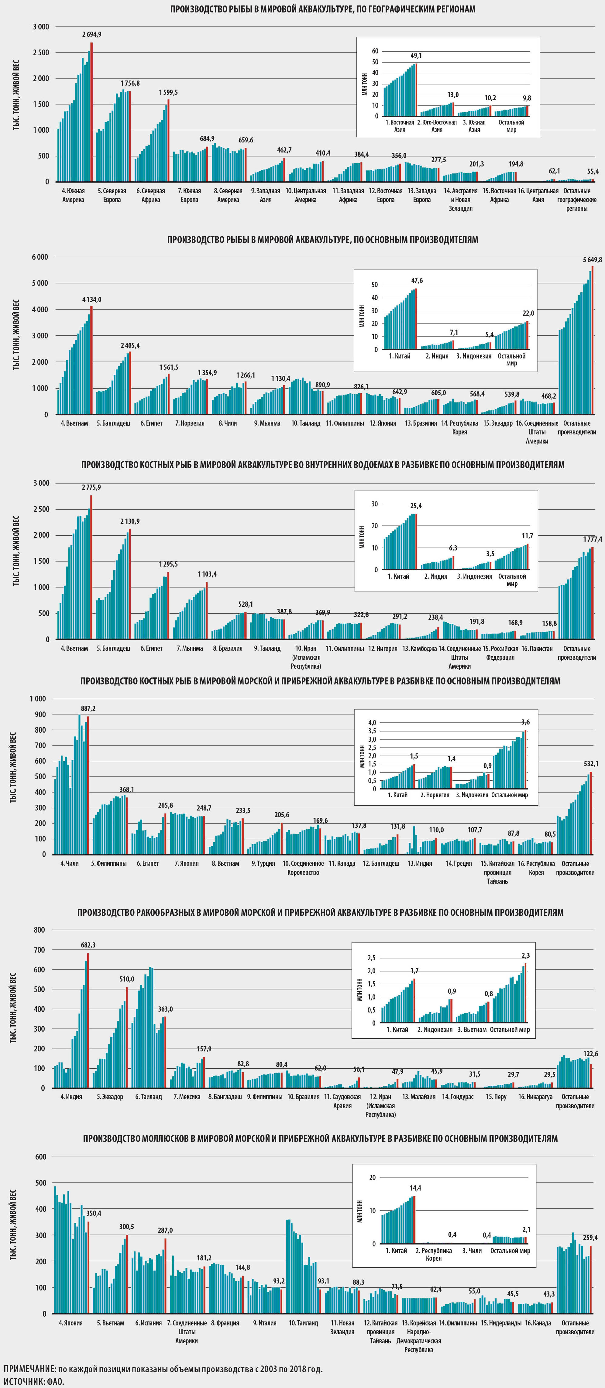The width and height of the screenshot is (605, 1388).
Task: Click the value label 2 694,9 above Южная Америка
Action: (x=91, y=35)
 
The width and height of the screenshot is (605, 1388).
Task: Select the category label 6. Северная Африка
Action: (x=151, y=195)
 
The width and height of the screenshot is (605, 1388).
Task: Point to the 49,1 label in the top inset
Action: (x=416, y=56)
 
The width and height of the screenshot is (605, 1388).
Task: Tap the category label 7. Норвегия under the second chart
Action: (x=190, y=423)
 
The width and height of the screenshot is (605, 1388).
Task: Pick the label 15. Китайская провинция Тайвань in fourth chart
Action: (x=497, y=872)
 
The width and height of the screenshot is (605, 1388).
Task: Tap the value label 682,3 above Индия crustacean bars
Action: (x=88, y=944)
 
